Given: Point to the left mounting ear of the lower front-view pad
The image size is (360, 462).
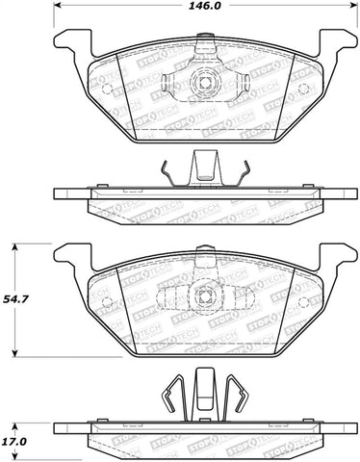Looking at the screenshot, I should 69,257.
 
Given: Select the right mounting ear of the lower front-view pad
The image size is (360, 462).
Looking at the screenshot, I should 336,257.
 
